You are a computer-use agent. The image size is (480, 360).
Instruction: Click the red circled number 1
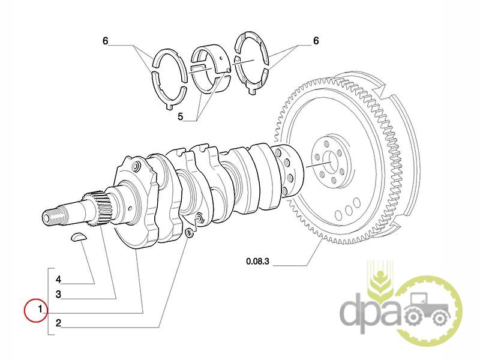(x=39, y=310)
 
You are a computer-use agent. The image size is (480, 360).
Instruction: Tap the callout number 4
(x=59, y=280)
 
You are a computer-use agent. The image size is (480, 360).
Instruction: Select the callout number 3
(x=59, y=295)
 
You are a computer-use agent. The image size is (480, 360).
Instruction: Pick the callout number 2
(x=59, y=323)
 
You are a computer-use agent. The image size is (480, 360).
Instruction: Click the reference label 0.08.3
(x=259, y=261)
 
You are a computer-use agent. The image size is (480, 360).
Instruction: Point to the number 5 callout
(x=181, y=116)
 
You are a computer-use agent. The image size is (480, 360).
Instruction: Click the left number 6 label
(x=105, y=41)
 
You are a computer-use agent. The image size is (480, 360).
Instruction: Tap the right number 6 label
(x=316, y=41)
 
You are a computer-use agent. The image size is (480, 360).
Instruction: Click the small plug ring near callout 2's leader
(x=190, y=232)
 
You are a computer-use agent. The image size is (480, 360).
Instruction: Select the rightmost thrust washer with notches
(x=252, y=63)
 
